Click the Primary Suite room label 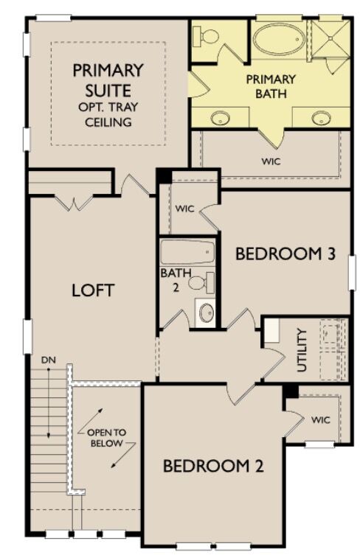(107, 81)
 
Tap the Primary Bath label (271, 86)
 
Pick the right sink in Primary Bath (321, 116)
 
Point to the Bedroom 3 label (285, 254)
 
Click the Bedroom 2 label (213, 466)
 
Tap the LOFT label (93, 290)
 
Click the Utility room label (302, 349)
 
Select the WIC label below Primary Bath (271, 161)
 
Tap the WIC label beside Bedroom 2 (319, 420)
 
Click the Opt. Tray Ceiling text (107, 115)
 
